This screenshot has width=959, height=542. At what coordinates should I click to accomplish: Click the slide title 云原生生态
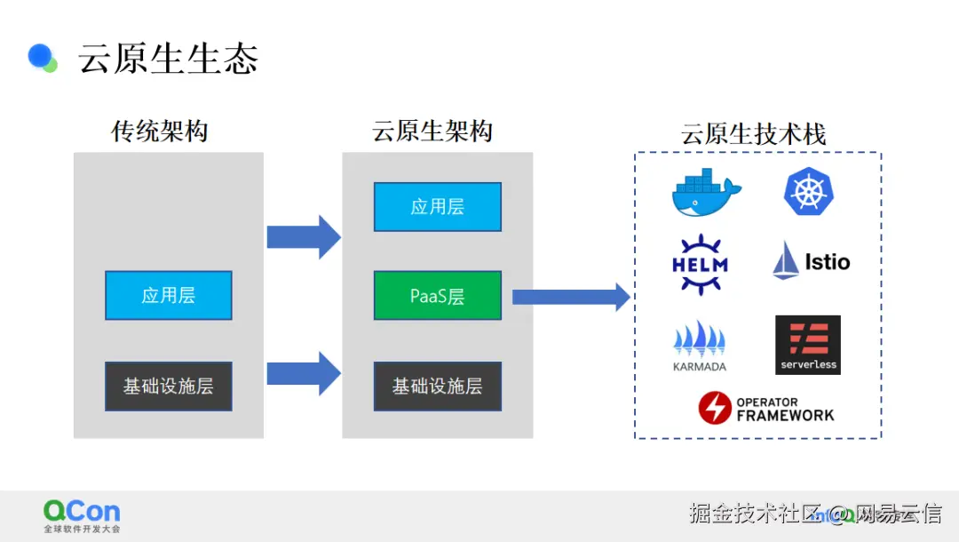[x=168, y=59]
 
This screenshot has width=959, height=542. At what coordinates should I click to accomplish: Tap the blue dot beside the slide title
[x=40, y=56]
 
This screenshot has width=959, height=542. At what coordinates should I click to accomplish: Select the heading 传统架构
[x=160, y=131]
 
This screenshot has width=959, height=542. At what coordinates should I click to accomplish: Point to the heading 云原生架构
[x=432, y=131]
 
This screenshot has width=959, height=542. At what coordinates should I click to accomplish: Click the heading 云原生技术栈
[x=754, y=134]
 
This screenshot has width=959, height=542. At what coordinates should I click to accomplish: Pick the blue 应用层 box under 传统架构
[x=168, y=296]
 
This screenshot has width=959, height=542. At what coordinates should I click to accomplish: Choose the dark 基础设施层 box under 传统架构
[x=168, y=386]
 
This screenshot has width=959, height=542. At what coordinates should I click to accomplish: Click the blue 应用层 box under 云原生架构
[x=437, y=207]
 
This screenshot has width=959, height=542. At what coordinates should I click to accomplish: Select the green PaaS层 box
[x=437, y=296]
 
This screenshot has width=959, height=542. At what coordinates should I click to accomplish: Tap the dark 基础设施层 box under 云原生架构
[x=437, y=386]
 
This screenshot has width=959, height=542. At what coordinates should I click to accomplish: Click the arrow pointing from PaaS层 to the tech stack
[x=571, y=298]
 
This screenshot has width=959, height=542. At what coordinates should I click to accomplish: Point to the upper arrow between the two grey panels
[x=304, y=236]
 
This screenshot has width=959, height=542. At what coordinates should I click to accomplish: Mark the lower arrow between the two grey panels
[x=304, y=373]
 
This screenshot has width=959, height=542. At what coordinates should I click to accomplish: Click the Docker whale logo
[x=707, y=192]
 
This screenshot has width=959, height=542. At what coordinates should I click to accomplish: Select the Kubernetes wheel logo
[x=809, y=191]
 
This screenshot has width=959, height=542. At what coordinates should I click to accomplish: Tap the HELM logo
[x=701, y=264]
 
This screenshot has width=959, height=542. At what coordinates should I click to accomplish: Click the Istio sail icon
[x=786, y=260]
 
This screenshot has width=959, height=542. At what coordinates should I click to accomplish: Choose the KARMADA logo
[x=700, y=347]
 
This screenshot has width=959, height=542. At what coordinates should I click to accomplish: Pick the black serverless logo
[x=808, y=345]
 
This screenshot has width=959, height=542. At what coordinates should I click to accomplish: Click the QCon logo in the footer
[x=82, y=515]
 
